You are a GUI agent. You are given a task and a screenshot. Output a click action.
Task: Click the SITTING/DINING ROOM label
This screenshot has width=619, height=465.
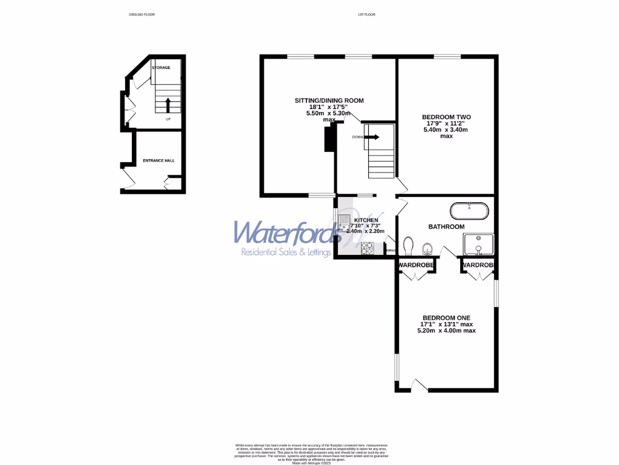(329, 100)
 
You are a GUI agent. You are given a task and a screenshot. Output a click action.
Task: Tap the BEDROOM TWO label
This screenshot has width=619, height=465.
(446, 117)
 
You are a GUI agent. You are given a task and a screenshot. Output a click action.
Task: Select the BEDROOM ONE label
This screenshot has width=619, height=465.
(446, 317)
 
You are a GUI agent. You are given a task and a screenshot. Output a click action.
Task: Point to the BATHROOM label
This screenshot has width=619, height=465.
(446, 226)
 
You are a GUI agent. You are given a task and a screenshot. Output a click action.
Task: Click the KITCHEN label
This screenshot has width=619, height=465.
(366, 220)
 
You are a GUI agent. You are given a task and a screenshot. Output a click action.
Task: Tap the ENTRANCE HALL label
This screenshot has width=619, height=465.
(158, 160)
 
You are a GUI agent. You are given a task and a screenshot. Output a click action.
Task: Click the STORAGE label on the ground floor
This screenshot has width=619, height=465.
(161, 67)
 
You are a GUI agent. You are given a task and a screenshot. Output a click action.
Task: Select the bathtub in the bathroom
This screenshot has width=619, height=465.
(469, 211)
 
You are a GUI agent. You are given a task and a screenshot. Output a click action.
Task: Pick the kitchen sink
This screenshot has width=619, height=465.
(344, 222)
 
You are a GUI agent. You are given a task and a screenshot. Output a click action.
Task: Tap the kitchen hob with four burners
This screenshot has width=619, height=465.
(368, 247)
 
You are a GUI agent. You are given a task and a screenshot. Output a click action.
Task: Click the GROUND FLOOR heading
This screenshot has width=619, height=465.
(142, 14)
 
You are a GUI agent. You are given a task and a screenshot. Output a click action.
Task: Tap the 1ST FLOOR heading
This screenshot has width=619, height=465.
(365, 14)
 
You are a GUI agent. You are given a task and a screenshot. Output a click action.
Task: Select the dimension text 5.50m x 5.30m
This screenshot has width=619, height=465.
(329, 113)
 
